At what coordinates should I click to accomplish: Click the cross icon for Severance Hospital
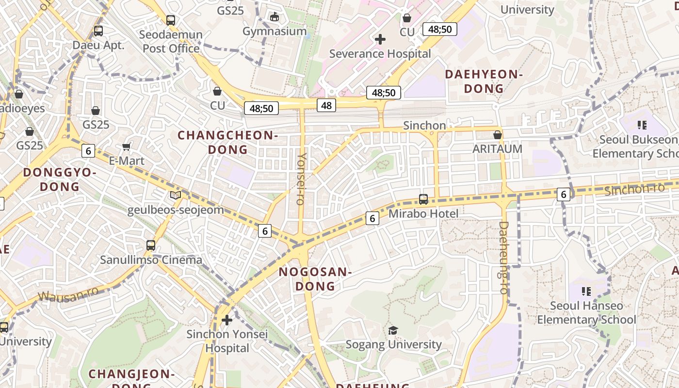(x=380, y=39)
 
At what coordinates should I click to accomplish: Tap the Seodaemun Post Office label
(x=171, y=42)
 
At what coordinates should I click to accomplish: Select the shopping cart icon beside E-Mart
(x=127, y=146)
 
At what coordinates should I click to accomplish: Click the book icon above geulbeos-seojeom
(x=176, y=195)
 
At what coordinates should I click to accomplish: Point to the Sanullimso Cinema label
(x=151, y=260)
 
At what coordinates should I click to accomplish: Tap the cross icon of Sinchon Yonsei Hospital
(x=226, y=320)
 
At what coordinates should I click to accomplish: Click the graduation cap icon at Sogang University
(x=393, y=330)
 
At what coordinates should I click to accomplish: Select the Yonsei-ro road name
(x=302, y=178)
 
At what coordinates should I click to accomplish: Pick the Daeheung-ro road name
(x=503, y=258)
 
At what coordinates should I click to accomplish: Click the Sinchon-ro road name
(x=628, y=189)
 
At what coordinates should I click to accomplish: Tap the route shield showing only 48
(x=326, y=105)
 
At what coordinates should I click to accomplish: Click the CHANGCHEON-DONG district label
(x=227, y=142)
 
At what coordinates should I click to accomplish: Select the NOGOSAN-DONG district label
(x=315, y=279)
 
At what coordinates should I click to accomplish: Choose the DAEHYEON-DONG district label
(x=484, y=81)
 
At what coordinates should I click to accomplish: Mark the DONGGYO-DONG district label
(x=60, y=179)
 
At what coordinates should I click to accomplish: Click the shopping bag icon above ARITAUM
(x=497, y=135)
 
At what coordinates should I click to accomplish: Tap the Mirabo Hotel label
(x=423, y=213)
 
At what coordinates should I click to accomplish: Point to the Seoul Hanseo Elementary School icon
(x=586, y=291)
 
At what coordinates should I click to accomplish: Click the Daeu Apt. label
(x=98, y=46)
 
